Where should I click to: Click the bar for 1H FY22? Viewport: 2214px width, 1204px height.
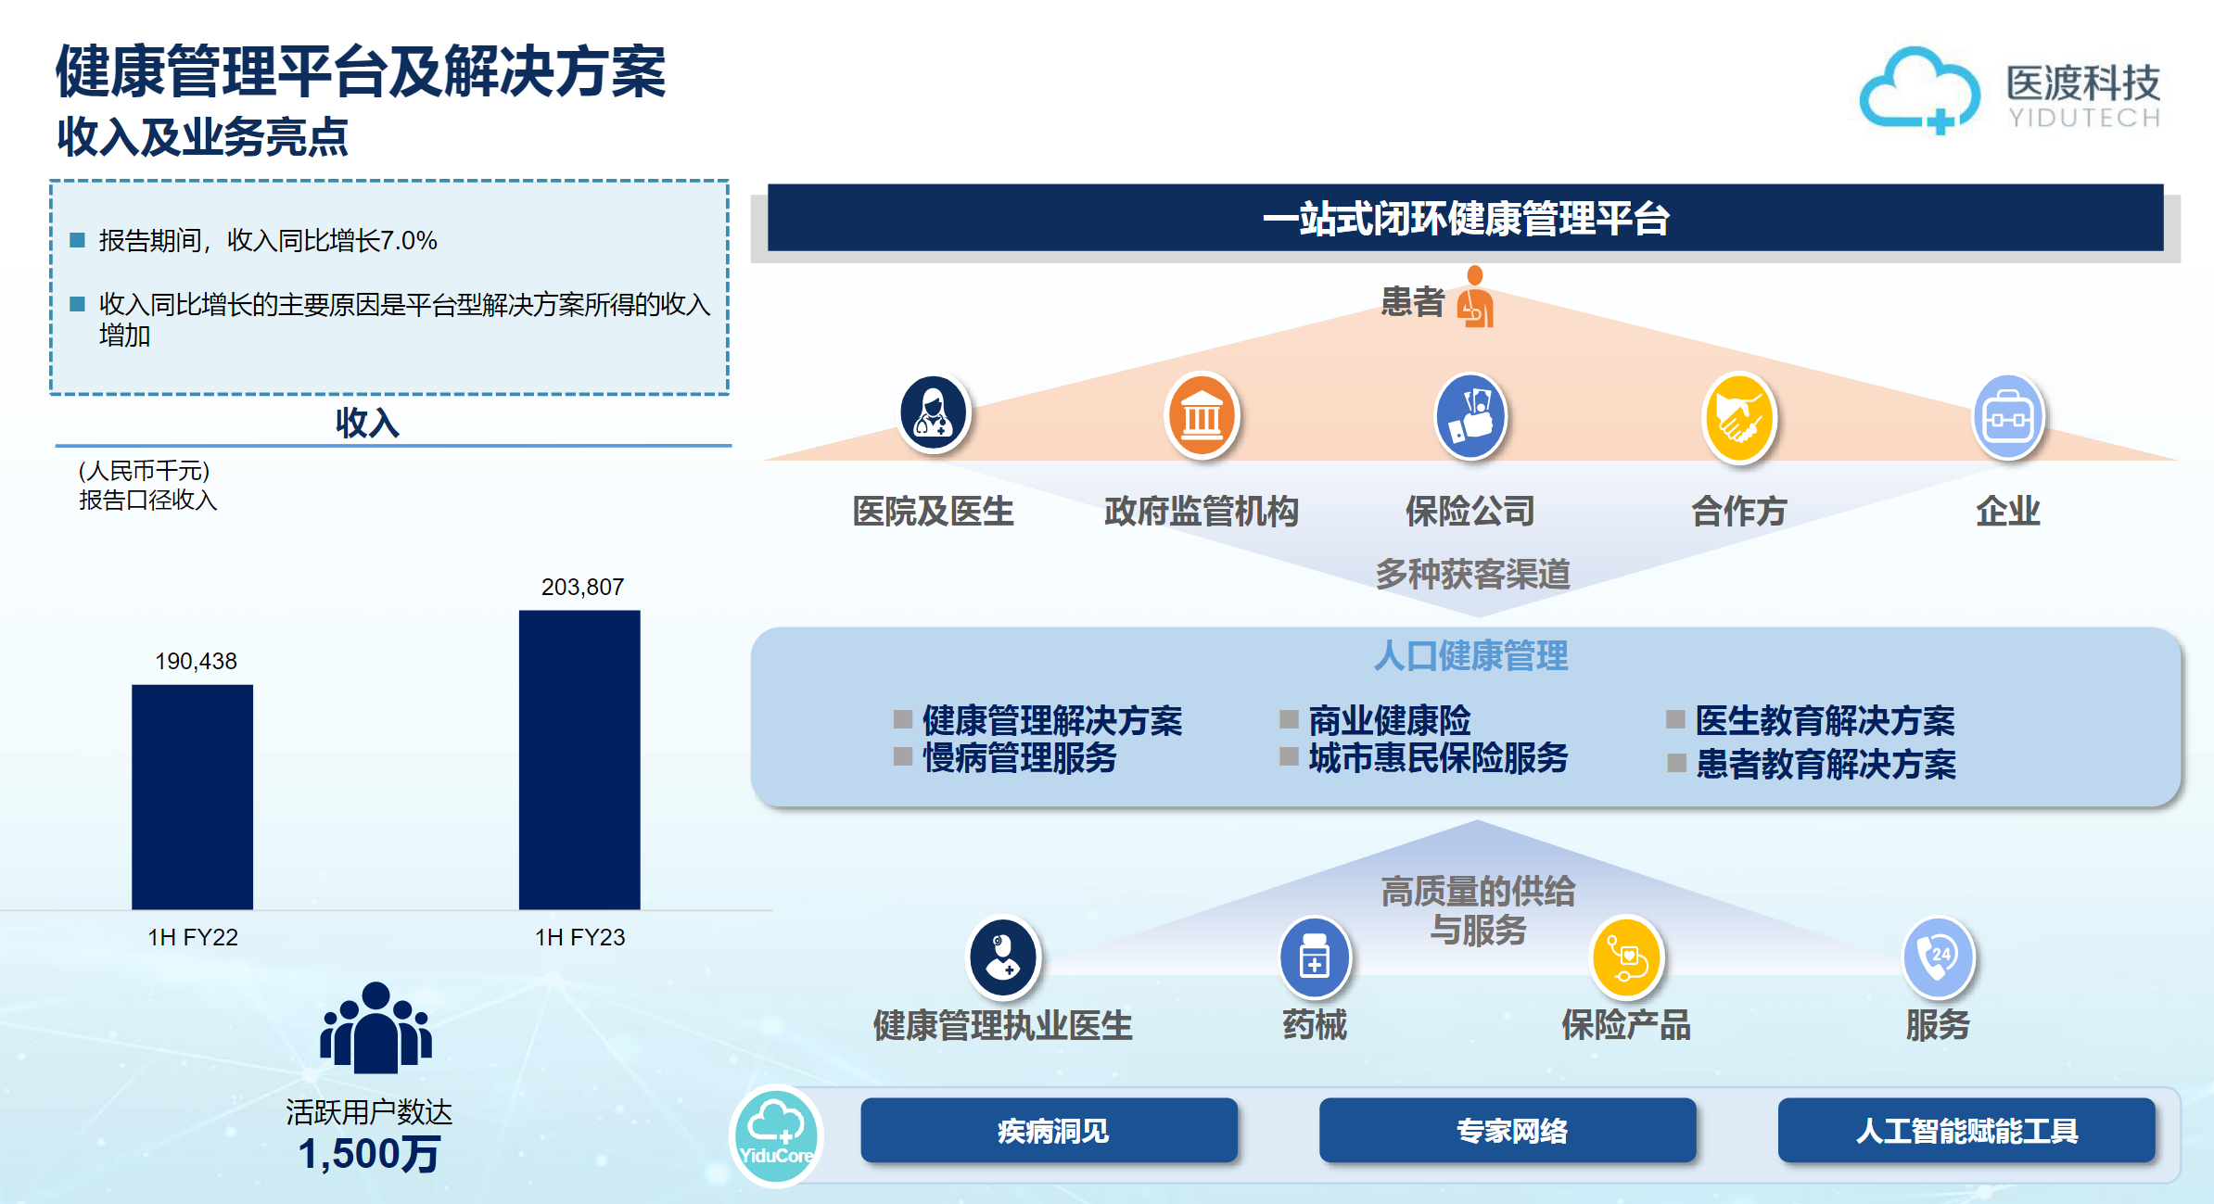tap(192, 796)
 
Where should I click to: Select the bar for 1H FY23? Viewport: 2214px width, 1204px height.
tap(579, 759)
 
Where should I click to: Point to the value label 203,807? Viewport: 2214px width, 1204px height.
tap(582, 587)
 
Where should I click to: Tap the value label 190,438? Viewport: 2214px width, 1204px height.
tap(196, 661)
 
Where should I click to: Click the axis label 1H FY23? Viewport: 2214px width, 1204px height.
tap(579, 937)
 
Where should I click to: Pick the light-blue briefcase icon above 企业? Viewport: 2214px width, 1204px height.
tap(2008, 418)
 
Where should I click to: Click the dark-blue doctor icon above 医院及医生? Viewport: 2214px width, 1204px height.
tap(934, 413)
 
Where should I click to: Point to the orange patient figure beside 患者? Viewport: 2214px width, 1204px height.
tap(1475, 297)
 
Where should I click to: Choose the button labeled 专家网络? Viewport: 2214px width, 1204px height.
tap(1508, 1130)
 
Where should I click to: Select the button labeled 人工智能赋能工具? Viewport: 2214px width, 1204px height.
tap(1966, 1130)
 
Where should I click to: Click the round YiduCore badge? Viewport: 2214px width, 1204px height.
tap(777, 1135)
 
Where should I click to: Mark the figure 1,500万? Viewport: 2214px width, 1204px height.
tap(368, 1154)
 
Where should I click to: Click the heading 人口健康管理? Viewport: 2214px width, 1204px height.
tap(1470, 655)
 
